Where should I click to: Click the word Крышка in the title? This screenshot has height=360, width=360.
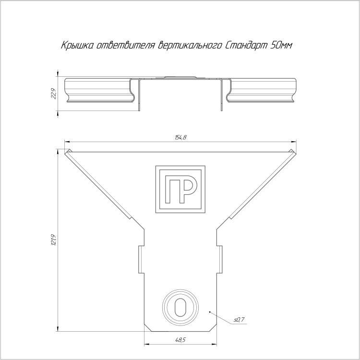(77, 46)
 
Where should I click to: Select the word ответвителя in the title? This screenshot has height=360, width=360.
(126, 46)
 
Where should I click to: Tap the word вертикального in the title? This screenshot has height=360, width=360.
(190, 46)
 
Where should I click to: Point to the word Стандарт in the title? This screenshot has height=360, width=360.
(246, 46)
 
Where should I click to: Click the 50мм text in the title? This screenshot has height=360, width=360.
(281, 46)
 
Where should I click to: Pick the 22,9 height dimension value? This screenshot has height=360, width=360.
(54, 94)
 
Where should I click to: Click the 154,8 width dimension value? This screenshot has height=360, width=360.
(180, 137)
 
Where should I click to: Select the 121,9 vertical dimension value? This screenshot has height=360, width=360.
(54, 240)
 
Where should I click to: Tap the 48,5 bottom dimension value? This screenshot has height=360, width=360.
(180, 340)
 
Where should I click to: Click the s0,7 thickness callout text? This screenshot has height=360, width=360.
(240, 319)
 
